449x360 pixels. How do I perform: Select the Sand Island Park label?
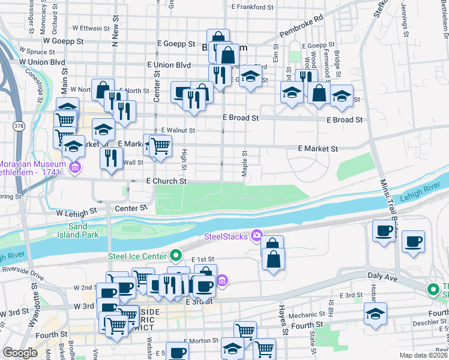point(82,230)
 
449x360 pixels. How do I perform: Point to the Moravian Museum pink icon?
point(75,166)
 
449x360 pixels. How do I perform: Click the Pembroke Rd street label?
point(301,27)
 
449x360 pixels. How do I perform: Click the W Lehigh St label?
point(76,212)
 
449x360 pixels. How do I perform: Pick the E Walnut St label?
point(178,130)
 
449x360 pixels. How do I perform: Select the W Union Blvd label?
point(42,62)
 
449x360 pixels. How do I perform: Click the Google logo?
point(20,353)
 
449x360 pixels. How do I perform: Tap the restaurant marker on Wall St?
point(110,158)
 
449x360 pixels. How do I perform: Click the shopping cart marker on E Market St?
point(160,146)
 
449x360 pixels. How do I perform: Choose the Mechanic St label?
point(306,314)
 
